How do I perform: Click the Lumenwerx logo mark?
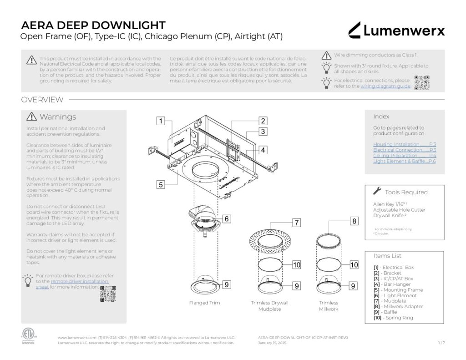click(355, 30)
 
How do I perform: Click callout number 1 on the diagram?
click(160, 121)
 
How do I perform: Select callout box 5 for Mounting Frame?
click(160, 184)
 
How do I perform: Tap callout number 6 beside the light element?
click(226, 218)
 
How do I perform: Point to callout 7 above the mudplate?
click(296, 223)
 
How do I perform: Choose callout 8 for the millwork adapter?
click(354, 222)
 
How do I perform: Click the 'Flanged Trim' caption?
click(202, 303)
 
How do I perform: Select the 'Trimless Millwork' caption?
click(328, 305)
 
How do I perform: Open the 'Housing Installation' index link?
click(404, 144)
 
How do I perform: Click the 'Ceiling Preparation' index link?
click(404, 156)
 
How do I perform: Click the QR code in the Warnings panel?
click(108, 294)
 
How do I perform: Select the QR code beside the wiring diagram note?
click(422, 82)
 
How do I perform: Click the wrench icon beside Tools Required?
click(377, 191)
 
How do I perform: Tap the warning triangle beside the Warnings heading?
click(32, 117)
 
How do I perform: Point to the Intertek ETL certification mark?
click(28, 335)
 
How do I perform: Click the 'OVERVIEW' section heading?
click(42, 100)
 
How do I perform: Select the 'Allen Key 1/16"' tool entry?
click(390, 204)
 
